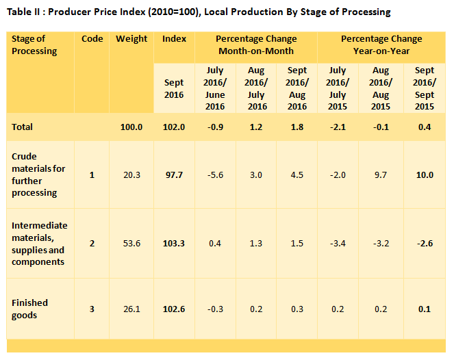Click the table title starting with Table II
[x=199, y=12]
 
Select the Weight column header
[x=131, y=39]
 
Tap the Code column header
[x=92, y=39]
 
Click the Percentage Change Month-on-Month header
[x=256, y=45]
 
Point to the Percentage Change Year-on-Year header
[x=381, y=45]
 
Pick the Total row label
[x=23, y=127]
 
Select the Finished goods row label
[x=30, y=309]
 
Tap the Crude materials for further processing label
[x=38, y=175]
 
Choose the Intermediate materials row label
[x=40, y=244]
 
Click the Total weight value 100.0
[x=131, y=127]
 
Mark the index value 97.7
[x=174, y=175]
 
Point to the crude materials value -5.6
[x=215, y=175]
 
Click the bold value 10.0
[x=425, y=175]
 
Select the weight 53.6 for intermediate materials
[x=131, y=244]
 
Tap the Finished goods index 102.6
[x=174, y=309]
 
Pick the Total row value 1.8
[x=297, y=127]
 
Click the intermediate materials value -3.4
[x=338, y=244]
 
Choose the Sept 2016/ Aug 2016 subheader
[x=297, y=88]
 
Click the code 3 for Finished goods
[x=92, y=309]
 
